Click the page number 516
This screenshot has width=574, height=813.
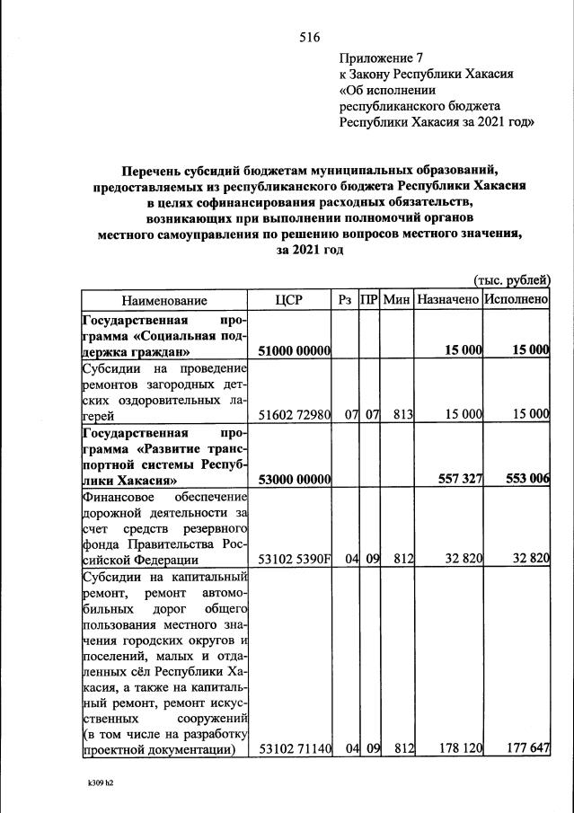309,37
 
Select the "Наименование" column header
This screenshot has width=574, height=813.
164,300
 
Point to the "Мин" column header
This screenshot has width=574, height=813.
396,300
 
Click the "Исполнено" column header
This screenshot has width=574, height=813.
516,300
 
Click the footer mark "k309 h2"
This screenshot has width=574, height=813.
100,783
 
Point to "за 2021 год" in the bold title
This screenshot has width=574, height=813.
309,251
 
